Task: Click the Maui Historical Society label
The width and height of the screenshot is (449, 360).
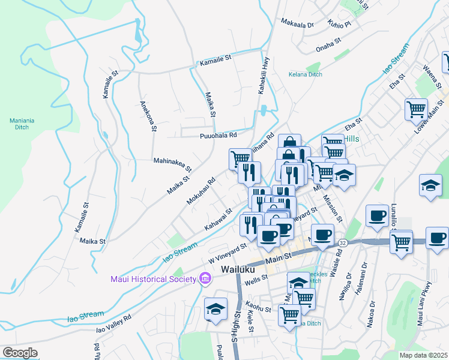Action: pyautogui.click(x=152, y=278)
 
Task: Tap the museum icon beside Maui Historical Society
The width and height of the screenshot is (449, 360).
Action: pyautogui.click(x=205, y=278)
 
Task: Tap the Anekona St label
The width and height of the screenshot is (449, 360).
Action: pyautogui.click(x=148, y=115)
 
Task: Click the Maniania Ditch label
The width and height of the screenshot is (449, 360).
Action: pyautogui.click(x=22, y=124)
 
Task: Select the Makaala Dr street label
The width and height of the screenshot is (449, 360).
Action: pyautogui.click(x=297, y=25)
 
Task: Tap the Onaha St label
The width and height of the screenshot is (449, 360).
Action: pyautogui.click(x=328, y=42)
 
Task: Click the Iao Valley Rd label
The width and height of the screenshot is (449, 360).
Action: pyautogui.click(x=113, y=323)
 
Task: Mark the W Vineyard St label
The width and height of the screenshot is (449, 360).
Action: pyautogui.click(x=228, y=253)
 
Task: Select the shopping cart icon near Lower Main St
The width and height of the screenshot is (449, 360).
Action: pyautogui.click(x=416, y=109)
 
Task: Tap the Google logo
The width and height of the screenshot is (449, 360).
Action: pyautogui.click(x=20, y=353)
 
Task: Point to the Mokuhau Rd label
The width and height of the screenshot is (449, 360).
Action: pyautogui.click(x=200, y=190)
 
